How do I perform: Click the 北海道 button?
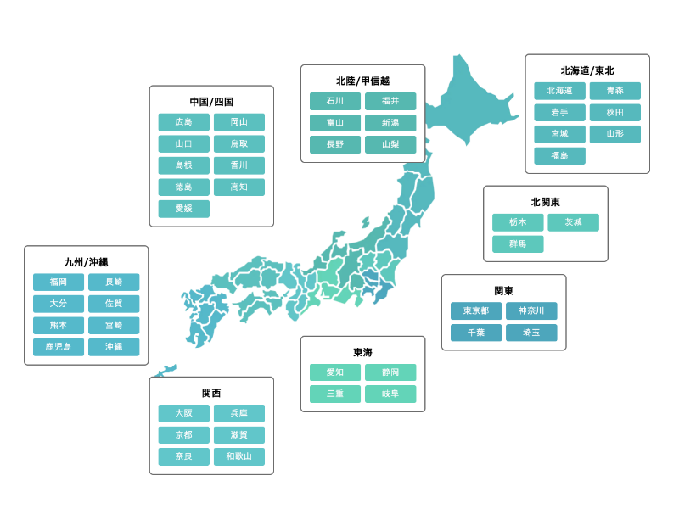(x=559, y=91)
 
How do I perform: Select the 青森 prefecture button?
(x=614, y=91)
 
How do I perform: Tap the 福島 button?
(x=559, y=156)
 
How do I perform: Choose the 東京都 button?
(x=475, y=311)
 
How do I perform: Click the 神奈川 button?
(x=531, y=311)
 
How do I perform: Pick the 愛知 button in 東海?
(x=335, y=372)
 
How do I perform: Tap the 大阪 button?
(x=183, y=413)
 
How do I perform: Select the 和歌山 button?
(x=238, y=456)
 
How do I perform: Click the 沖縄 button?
(x=114, y=347)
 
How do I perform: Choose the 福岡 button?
(x=59, y=282)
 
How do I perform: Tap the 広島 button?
(x=183, y=122)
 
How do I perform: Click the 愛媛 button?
(x=183, y=209)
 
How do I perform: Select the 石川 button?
(x=335, y=101)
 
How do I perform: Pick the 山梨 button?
(x=390, y=144)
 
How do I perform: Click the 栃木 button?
(x=518, y=222)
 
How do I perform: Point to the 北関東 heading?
(x=546, y=202)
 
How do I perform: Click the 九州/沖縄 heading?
(x=86, y=262)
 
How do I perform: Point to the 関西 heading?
(x=211, y=393)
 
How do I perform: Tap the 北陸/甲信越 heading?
(x=362, y=81)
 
